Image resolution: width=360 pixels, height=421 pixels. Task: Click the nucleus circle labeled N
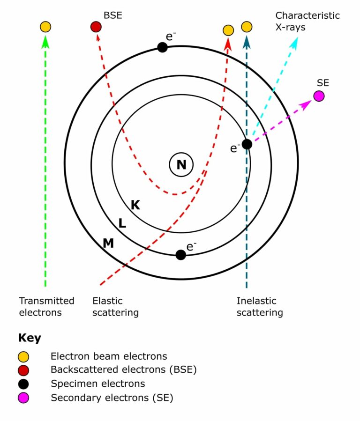[181, 164]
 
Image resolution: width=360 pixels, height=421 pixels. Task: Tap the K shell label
[135, 205]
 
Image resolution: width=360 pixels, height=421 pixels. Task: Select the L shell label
[122, 223]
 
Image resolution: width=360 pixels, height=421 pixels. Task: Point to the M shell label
[108, 243]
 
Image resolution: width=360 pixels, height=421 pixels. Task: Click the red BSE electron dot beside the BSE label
[96, 27]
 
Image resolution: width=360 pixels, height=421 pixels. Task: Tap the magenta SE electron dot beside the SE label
[319, 96]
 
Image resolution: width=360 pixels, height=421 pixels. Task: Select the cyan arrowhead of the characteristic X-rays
[294, 43]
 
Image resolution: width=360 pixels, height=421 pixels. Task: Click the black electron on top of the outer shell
[162, 47]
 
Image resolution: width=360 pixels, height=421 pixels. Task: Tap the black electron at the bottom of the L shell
[180, 255]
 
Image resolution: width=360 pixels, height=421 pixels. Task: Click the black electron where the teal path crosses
[247, 144]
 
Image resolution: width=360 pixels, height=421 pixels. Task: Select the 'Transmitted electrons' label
[46, 306]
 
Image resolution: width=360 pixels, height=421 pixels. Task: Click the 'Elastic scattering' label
[115, 306]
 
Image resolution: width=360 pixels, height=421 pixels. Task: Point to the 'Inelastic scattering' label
[260, 306]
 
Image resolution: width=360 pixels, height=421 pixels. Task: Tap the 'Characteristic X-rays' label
[307, 21]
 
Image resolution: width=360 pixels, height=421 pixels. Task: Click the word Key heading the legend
[30, 338]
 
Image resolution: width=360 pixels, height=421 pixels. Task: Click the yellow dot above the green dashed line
[45, 27]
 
